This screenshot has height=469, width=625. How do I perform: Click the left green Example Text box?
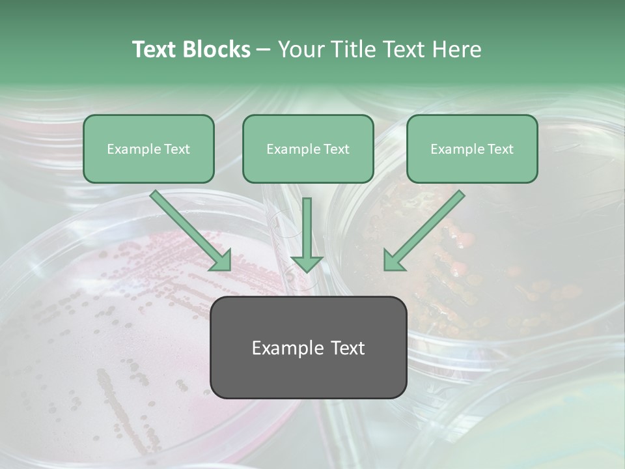(148, 149)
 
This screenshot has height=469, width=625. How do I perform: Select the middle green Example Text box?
(308, 149)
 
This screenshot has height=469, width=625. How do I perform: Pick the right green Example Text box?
(472, 149)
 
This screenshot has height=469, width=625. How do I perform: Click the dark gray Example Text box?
(308, 348)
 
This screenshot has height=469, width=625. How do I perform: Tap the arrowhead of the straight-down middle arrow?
(307, 263)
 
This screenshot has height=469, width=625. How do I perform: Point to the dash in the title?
(264, 50)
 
